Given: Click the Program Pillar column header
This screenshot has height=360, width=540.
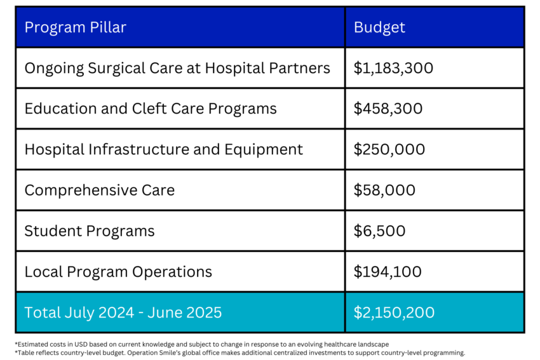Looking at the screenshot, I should click(75, 27).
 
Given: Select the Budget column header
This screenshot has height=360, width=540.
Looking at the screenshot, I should click(379, 27).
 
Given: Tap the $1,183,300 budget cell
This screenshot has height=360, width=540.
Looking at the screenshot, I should click(393, 68).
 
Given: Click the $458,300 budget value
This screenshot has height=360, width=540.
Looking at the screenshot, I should click(388, 109).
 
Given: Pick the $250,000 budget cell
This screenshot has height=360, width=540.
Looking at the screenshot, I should click(389, 149).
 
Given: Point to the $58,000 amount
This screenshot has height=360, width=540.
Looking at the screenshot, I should click(384, 190).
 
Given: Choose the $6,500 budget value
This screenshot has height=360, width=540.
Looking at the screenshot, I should click(379, 230).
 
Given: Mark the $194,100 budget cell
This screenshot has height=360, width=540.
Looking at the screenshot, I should click(388, 272).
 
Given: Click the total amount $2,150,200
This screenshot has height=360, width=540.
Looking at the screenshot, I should click(394, 312).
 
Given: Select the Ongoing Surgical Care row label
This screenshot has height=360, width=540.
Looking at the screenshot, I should click(177, 68).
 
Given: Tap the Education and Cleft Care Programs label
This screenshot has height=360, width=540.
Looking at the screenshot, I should click(151, 109).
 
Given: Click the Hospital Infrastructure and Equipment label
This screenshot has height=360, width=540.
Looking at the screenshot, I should click(164, 149).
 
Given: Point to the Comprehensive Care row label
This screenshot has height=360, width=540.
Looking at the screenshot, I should click(99, 190).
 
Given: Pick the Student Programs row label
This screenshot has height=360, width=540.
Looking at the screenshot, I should click(90, 230).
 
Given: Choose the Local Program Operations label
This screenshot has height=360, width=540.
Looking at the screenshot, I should click(118, 272).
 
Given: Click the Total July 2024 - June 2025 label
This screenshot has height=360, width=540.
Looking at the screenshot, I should click(123, 312).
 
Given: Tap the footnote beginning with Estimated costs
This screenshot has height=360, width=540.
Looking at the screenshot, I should click(201, 343).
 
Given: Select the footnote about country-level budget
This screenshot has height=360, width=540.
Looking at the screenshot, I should click(240, 352).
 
